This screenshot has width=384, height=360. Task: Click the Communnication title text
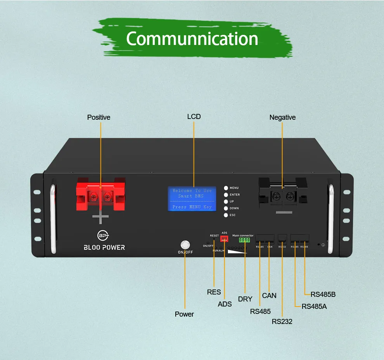click(192, 39)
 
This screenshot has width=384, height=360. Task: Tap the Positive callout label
click(99, 117)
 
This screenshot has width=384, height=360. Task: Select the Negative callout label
click(282, 117)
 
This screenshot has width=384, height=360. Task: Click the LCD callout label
click(194, 117)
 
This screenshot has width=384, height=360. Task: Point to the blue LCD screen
click(192, 199)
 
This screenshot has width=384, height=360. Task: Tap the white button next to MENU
click(226, 188)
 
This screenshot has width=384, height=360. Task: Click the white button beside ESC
click(226, 215)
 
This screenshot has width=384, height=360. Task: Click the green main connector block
click(244, 240)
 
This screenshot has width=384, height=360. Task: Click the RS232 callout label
click(282, 321)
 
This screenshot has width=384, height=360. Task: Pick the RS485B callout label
click(323, 295)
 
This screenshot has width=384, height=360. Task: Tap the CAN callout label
click(269, 296)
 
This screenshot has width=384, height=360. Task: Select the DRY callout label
click(245, 299)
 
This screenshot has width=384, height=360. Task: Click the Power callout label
click(184, 314)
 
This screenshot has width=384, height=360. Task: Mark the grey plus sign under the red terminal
click(100, 217)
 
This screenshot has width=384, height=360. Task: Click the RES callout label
click(214, 292)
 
